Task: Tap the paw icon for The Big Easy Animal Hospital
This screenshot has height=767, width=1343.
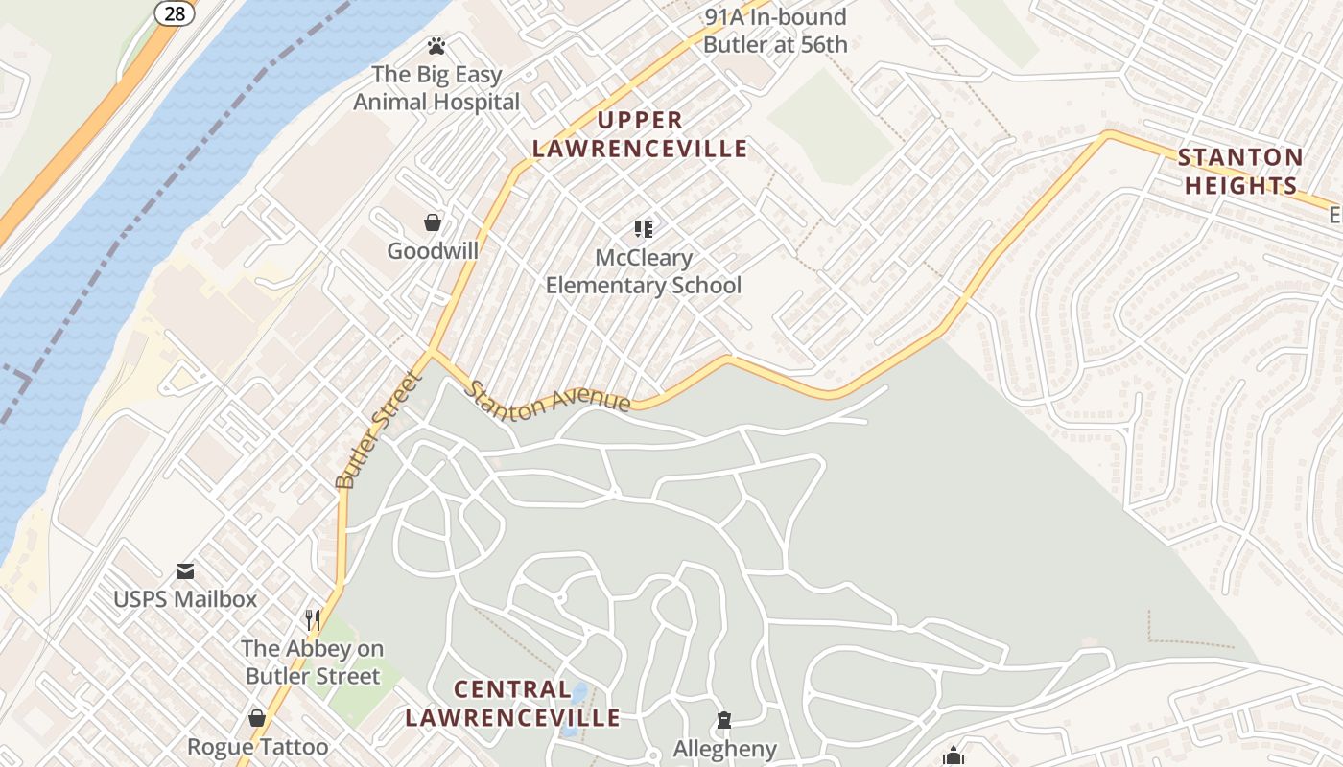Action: pos(436,45)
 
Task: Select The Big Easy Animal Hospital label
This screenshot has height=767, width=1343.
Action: pos(436,87)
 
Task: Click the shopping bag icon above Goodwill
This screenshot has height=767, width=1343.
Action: pos(433,222)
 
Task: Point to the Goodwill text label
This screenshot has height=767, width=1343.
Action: pos(433,251)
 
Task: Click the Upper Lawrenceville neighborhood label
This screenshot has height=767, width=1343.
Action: pos(640,134)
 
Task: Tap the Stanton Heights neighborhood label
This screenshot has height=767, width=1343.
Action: pos(1240,172)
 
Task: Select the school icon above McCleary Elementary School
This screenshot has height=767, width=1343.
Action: pos(643,228)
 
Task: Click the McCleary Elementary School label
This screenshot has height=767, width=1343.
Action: pos(644,271)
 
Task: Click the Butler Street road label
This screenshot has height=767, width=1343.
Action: pos(380,431)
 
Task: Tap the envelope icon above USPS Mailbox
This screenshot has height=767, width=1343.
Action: pos(185,571)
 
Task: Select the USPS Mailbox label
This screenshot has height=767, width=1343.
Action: pos(185,600)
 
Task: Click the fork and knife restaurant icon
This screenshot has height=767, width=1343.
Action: pos(312,620)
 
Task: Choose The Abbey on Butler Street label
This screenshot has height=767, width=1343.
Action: pos(313,662)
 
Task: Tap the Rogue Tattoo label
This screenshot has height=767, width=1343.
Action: pos(257,747)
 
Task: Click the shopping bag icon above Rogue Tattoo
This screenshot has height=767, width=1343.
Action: pos(257,718)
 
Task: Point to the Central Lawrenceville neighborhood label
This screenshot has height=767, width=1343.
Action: pos(512,703)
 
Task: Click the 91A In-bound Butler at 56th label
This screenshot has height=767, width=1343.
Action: pos(775,31)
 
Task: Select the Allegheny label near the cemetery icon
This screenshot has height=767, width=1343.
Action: pos(724,749)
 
